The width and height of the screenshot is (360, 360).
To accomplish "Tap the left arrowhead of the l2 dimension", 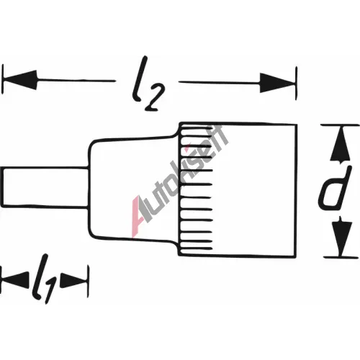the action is [x=20, y=80].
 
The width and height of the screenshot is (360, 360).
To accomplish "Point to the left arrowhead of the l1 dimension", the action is [x=15, y=280].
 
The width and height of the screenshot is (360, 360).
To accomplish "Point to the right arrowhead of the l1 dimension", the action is [x=73, y=280].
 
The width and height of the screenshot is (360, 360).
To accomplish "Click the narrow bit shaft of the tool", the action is [x=45, y=187].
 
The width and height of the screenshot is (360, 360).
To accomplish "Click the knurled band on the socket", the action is [x=196, y=189].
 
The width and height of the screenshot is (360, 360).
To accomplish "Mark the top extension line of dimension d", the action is [x=340, y=125].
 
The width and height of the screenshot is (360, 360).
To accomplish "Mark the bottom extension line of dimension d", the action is [x=341, y=257].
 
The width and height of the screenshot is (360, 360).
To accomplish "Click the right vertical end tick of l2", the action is [x=297, y=83].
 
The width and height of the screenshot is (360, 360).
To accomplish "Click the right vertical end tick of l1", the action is [x=88, y=281].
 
